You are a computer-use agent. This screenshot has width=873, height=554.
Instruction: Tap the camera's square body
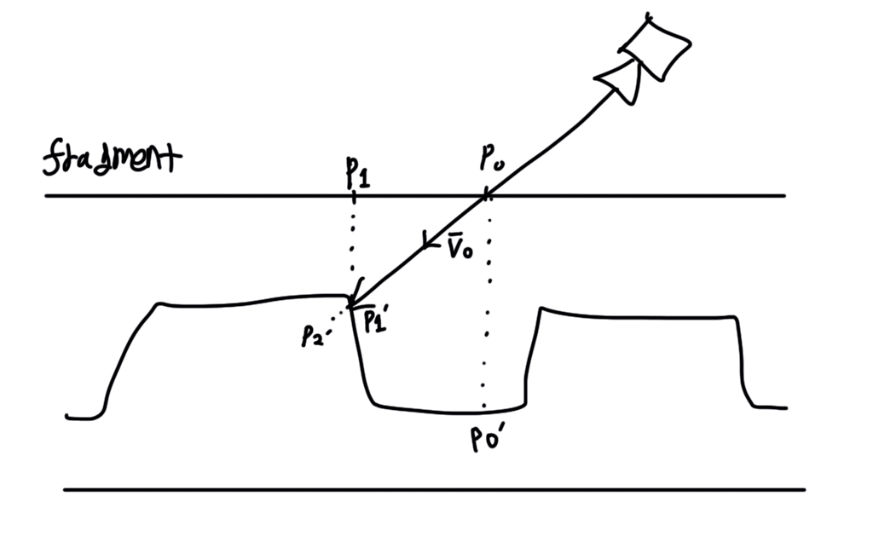coord(656,49)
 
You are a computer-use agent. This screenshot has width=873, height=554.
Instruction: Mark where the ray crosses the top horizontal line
coord(485,196)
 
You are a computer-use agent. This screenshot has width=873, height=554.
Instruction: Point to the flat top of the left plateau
coord(247,301)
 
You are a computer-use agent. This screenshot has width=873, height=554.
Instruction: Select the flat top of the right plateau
coord(639,316)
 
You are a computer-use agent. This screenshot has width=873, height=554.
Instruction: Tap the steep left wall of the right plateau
coord(530,358)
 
